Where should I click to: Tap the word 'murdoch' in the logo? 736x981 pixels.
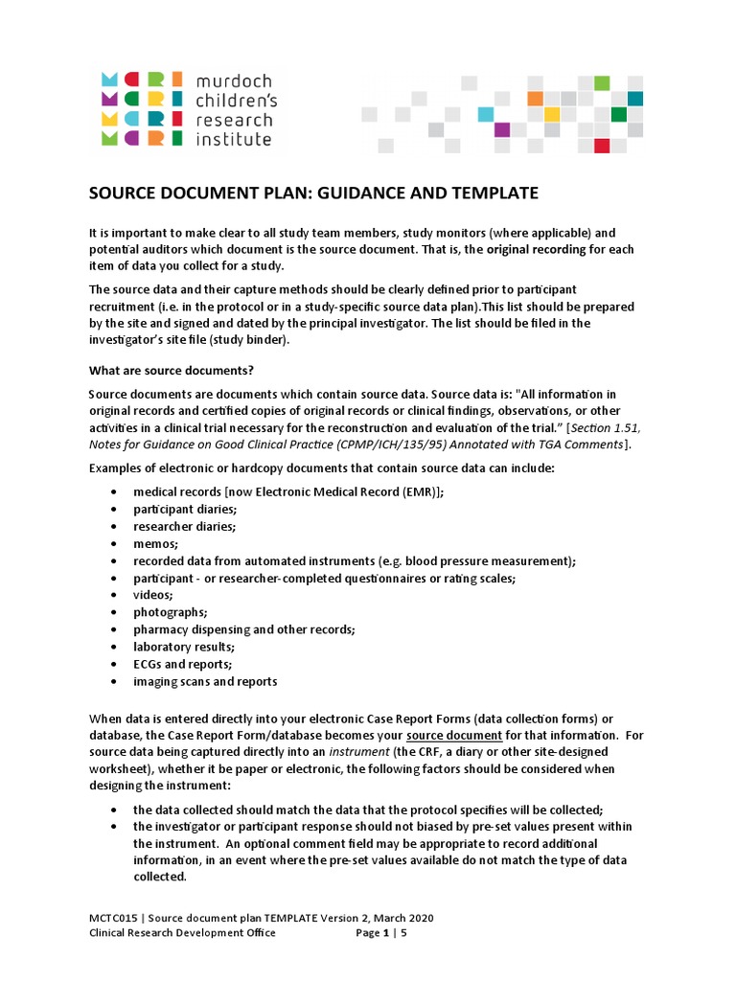[x=235, y=82]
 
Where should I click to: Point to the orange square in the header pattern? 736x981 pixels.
[x=535, y=98]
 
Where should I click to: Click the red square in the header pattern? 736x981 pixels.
[x=602, y=146]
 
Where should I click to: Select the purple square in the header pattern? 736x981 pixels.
[x=501, y=130]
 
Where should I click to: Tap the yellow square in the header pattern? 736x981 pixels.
[x=551, y=114]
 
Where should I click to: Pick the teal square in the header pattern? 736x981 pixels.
[x=635, y=99]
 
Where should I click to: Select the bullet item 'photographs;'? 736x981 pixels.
[x=171, y=612]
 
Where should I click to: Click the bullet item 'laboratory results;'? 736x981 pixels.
[x=186, y=647]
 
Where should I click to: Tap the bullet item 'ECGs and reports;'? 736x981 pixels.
[x=183, y=664]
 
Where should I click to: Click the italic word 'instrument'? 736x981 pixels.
[x=359, y=752]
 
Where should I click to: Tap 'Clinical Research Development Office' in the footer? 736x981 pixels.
[x=182, y=933]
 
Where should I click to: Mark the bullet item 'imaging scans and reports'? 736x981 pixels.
[x=205, y=681]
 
